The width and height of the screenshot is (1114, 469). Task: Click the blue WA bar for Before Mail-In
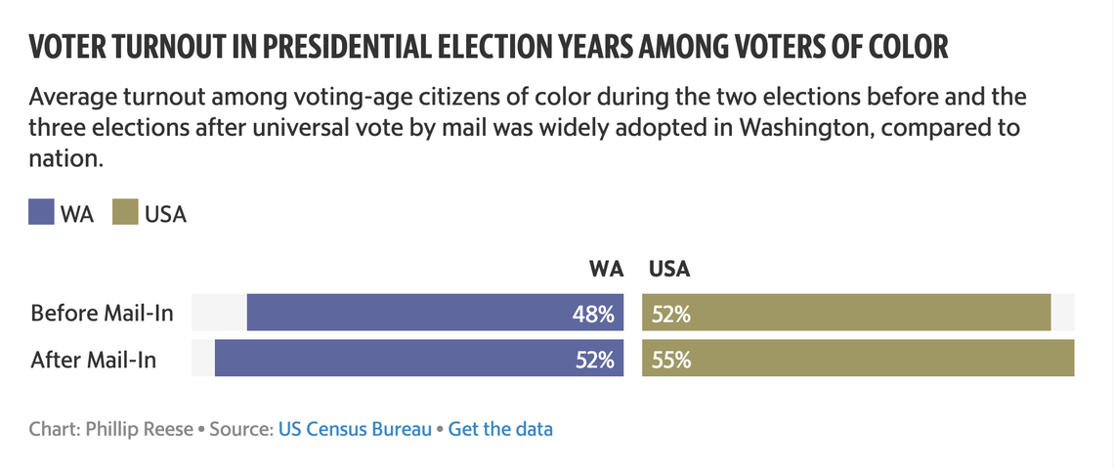tap(435, 313)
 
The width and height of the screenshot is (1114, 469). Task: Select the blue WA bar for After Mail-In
tap(419, 359)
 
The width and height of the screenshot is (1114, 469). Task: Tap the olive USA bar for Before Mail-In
tap(846, 313)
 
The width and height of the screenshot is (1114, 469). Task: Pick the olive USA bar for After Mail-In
tap(858, 359)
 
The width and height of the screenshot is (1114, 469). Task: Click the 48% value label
tap(593, 314)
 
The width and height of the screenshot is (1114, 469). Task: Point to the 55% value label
tap(670, 360)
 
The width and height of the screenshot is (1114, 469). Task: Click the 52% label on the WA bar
tap(593, 360)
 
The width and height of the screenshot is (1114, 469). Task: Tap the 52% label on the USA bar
tap(670, 314)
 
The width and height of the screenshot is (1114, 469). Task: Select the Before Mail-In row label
tap(102, 314)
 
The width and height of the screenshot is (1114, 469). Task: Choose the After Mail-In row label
tap(94, 360)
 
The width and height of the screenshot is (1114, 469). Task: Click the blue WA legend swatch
tap(41, 213)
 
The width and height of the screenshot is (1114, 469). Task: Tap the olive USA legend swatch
tap(125, 213)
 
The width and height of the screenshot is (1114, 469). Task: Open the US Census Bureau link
tap(355, 428)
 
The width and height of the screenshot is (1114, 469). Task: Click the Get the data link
tap(500, 428)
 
